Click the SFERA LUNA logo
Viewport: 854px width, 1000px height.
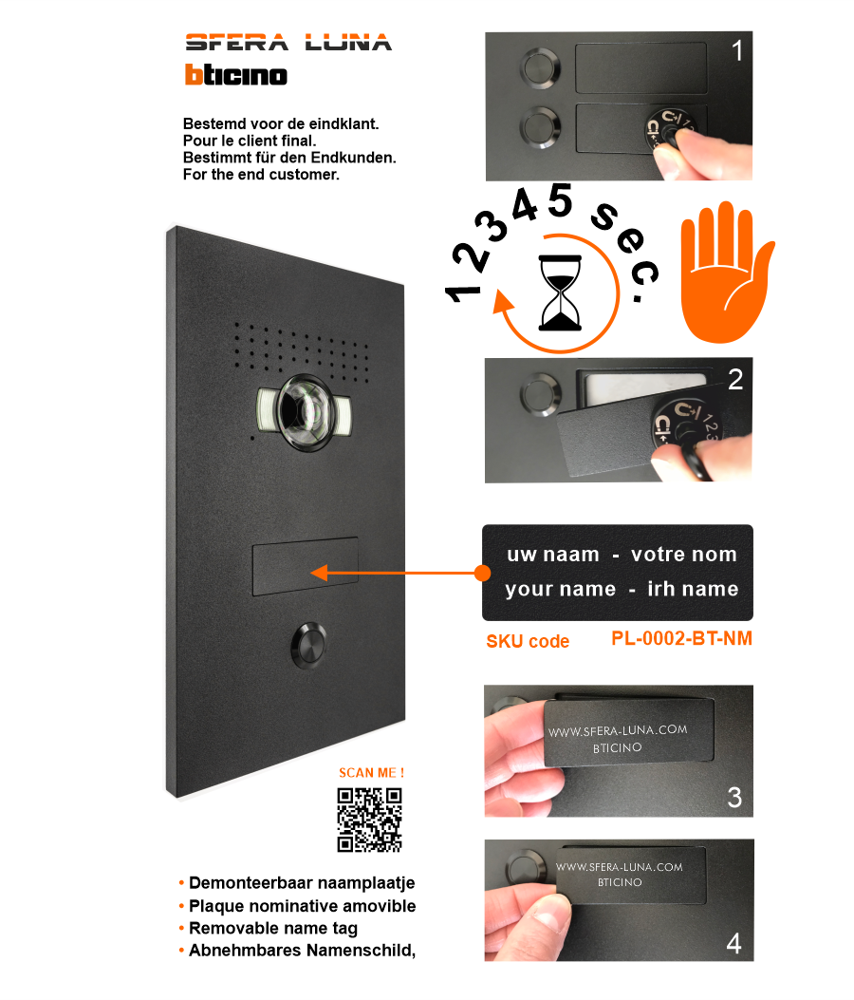(x=288, y=42)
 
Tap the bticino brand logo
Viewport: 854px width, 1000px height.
(x=236, y=75)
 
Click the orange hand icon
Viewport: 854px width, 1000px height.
(x=727, y=273)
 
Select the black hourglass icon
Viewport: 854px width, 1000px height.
(x=560, y=293)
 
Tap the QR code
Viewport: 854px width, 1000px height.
(x=370, y=821)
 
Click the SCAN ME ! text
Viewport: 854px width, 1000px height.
(x=372, y=773)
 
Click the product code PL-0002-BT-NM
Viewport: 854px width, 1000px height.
(x=681, y=638)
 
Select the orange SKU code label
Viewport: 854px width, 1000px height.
(x=528, y=641)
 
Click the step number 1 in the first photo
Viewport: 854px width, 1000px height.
(x=736, y=51)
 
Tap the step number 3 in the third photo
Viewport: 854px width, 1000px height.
(x=734, y=797)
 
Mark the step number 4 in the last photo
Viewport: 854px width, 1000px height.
(x=734, y=943)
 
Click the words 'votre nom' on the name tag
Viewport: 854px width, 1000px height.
(x=684, y=555)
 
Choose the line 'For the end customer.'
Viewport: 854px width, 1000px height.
(x=261, y=174)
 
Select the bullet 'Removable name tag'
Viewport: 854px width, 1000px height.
(x=272, y=928)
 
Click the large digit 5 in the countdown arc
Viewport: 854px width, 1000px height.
(x=560, y=200)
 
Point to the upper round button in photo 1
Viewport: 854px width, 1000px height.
(x=541, y=67)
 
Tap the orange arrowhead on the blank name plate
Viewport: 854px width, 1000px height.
(x=319, y=573)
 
